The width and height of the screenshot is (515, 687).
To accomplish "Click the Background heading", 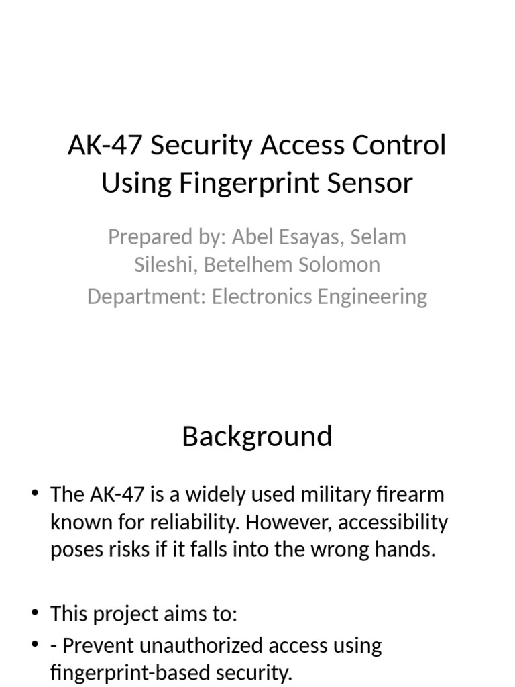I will [x=257, y=437].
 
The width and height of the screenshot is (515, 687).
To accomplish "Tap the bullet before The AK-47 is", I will [x=36, y=494].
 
